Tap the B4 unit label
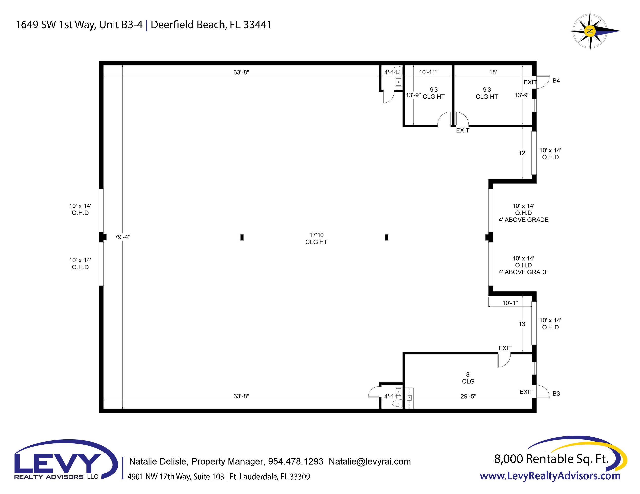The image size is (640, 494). click(556, 81)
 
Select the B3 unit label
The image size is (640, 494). click(556, 394)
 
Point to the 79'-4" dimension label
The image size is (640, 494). click(122, 237)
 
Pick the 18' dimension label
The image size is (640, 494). click(493, 72)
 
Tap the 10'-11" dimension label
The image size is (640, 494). click(428, 72)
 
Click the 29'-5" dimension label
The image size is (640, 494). click(468, 396)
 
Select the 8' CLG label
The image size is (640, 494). click(468, 378)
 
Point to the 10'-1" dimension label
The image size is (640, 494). click(510, 303)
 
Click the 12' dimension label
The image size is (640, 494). click(522, 153)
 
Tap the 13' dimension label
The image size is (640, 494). click(522, 324)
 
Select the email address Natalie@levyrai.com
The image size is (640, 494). click(369, 461)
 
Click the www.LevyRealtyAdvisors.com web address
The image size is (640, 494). click(550, 476)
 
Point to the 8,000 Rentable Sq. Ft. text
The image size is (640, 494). click(551, 459)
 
